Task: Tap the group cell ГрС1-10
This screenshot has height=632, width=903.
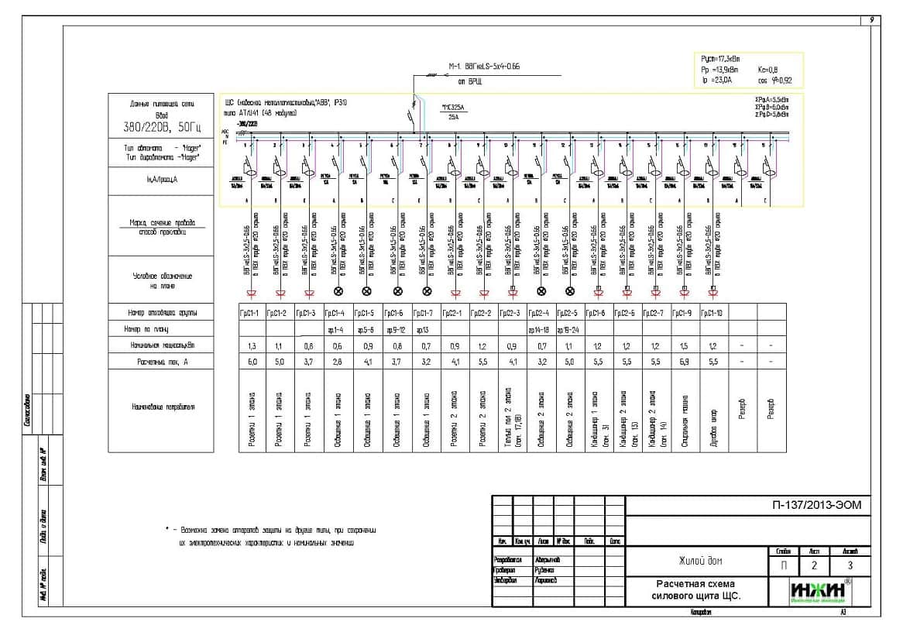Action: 712,313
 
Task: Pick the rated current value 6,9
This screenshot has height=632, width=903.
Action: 683,361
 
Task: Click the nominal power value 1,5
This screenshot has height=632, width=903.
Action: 683,345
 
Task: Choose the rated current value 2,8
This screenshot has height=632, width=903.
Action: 337,361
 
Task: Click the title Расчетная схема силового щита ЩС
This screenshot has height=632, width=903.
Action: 695,590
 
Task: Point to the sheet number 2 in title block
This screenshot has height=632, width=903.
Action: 814,565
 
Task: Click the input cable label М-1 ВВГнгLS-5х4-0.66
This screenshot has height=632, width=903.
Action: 484,67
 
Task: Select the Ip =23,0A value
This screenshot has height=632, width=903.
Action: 716,80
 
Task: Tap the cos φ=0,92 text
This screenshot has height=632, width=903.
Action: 775,80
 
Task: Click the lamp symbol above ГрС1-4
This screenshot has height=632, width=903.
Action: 338,292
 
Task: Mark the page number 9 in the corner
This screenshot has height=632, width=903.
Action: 873,20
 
